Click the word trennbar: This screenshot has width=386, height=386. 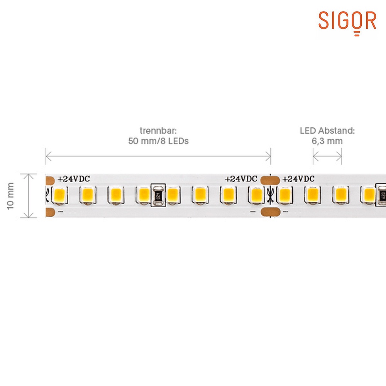[158, 130]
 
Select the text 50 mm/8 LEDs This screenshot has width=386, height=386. [158, 141]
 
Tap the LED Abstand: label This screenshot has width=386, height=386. [327, 130]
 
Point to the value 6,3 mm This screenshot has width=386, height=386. [327, 141]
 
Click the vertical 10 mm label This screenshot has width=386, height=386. [10, 196]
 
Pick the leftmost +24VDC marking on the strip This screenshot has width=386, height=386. [74, 179]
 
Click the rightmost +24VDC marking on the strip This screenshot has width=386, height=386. [298, 179]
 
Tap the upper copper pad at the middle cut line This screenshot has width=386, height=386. [270, 180]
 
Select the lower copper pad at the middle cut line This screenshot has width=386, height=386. [270, 212]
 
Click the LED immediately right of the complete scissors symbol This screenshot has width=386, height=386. [284, 195]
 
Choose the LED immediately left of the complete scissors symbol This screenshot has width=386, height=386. [256, 195]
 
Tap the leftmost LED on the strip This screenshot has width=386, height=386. [59, 195]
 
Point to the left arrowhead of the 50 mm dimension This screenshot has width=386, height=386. [49, 156]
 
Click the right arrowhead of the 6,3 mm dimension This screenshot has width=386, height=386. [339, 156]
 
